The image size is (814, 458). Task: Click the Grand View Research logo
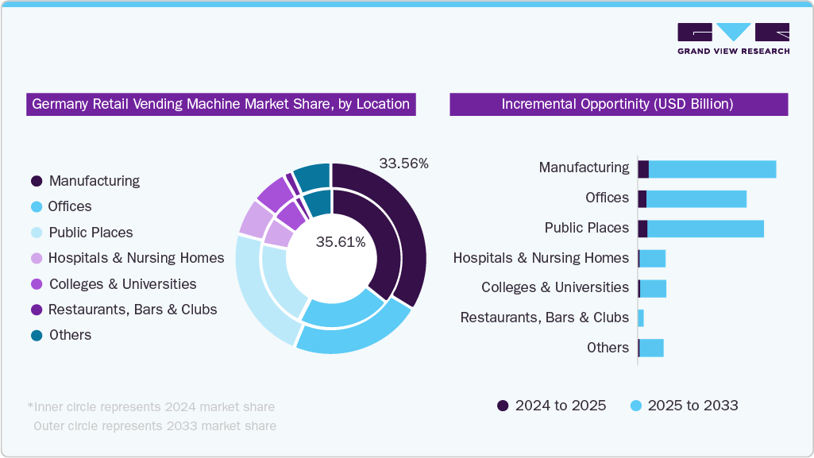point(732,39)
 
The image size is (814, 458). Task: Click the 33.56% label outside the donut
point(403,164)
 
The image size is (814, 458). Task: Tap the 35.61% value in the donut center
point(341,242)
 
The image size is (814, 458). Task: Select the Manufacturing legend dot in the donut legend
point(37,181)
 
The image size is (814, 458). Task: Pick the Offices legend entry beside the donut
point(69,206)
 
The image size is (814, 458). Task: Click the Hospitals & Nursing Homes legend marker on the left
point(37,258)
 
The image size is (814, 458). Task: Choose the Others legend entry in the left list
point(70,335)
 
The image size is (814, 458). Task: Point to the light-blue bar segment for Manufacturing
point(712,168)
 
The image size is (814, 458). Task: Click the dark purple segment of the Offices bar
point(642,198)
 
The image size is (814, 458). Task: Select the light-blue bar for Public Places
point(705,229)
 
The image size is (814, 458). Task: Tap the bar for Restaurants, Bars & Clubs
point(641,318)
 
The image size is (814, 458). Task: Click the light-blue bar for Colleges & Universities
point(653,288)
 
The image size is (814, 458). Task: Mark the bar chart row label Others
point(608,348)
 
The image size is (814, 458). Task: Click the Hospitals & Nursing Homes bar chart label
point(541,258)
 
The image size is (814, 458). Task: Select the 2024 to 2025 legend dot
point(503,406)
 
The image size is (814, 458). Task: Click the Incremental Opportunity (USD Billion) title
point(618,104)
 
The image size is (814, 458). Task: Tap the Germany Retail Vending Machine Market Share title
point(221,104)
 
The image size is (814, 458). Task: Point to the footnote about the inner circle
point(151,407)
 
